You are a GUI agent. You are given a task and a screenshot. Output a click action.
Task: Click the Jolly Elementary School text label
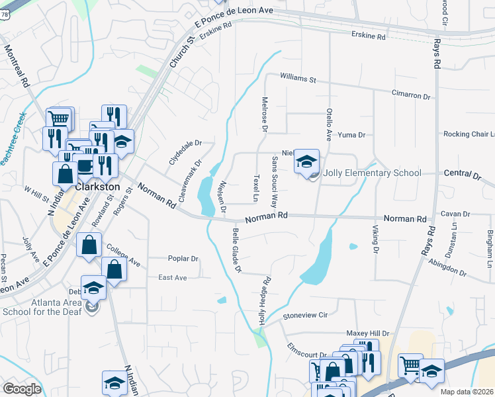(373, 173)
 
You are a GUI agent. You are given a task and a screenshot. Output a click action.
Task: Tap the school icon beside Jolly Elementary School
(306, 162)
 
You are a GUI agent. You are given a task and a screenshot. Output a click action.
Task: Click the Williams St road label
(298, 79)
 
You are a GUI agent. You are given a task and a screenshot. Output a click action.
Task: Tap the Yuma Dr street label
(351, 135)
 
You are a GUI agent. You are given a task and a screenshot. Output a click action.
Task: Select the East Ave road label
(173, 278)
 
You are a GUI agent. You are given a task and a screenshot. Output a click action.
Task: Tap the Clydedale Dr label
(185, 151)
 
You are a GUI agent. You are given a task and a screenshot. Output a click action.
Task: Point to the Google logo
(22, 389)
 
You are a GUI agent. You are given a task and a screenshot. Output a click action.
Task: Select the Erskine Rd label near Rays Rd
(368, 35)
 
